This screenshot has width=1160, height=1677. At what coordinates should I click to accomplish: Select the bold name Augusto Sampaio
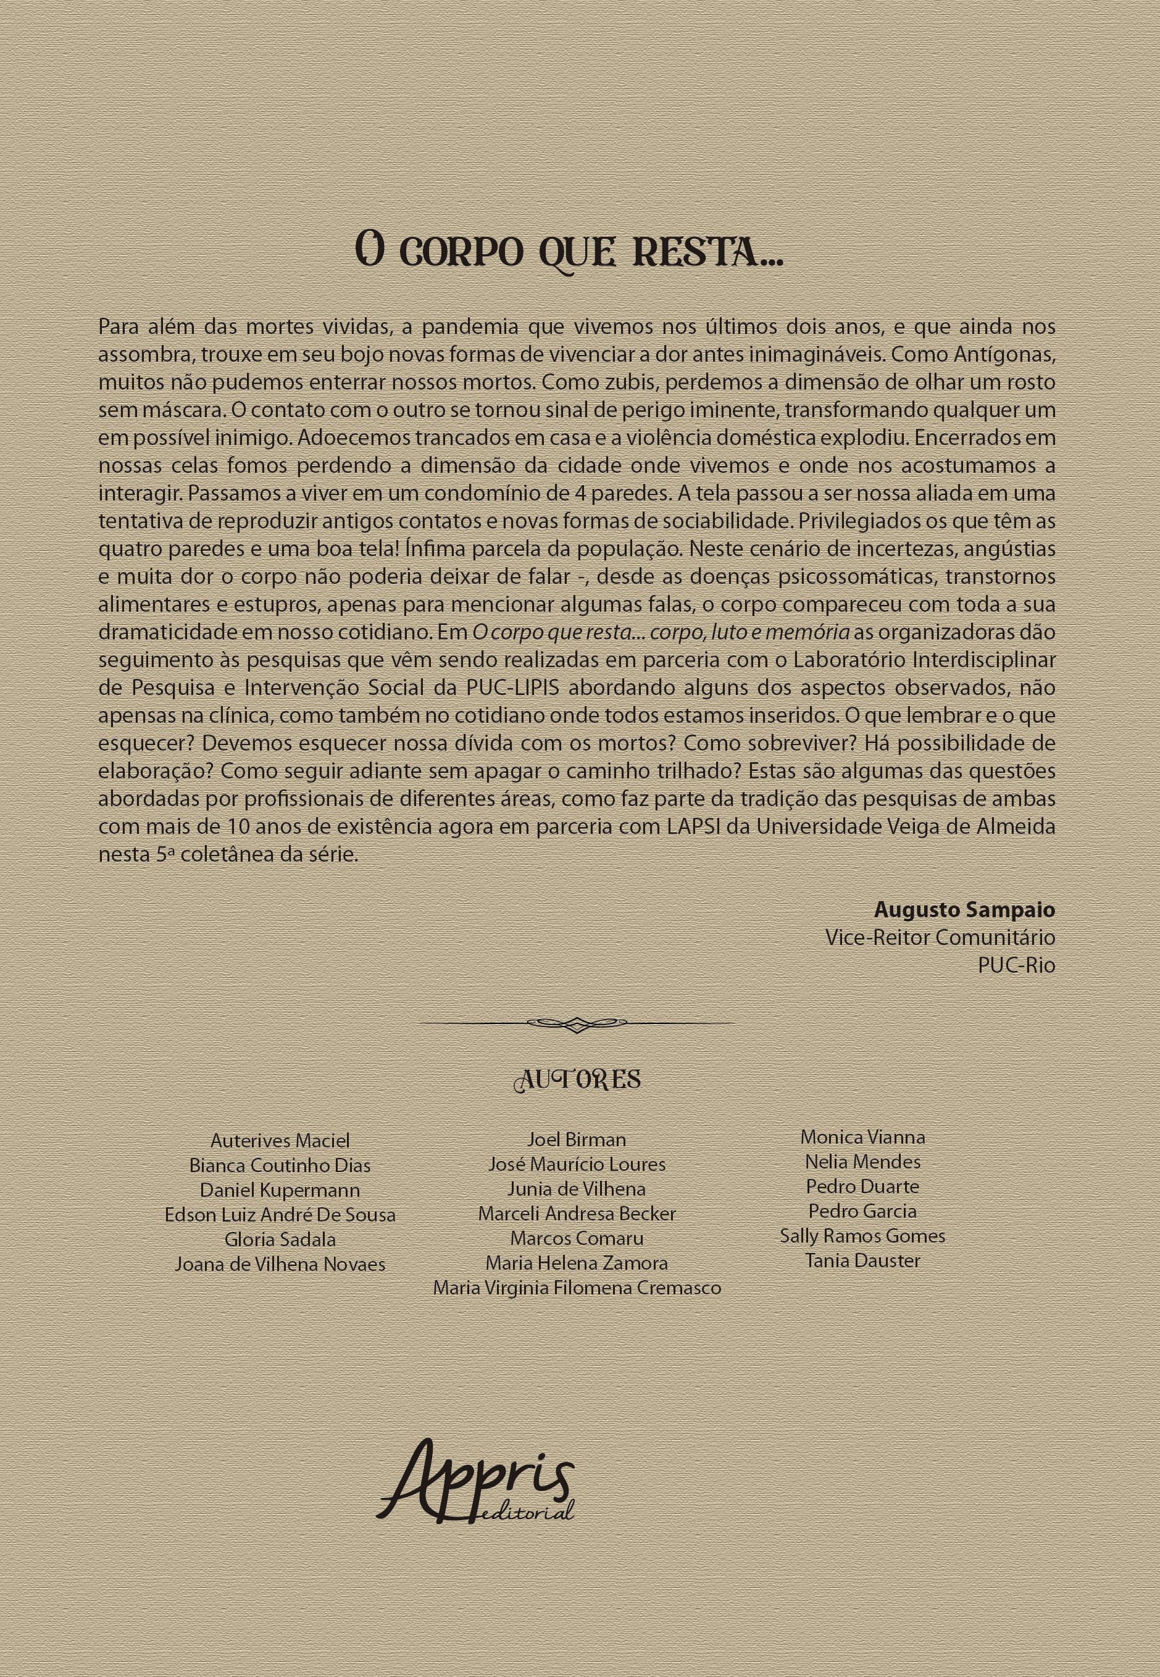coord(964,910)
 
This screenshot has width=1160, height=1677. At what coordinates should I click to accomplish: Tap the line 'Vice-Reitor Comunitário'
coord(940,938)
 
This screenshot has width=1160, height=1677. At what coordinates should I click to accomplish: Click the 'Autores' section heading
coord(577,1081)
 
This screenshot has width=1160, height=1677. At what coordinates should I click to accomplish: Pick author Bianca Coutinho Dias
coord(280,1165)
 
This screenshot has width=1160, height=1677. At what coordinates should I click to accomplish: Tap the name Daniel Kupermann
coord(280,1190)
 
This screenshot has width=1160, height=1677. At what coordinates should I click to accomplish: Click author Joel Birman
coord(577,1140)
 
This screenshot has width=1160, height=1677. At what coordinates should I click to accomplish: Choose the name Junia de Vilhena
coord(577,1189)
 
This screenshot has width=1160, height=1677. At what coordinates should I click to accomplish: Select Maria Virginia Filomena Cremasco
coord(577,1288)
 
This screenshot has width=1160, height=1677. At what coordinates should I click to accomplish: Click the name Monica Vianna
coord(862,1137)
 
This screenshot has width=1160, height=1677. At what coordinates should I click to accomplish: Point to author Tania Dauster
coord(862,1260)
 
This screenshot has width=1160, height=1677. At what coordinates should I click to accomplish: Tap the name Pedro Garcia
coord(862,1211)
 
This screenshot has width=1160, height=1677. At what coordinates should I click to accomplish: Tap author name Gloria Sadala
coord(280,1239)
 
